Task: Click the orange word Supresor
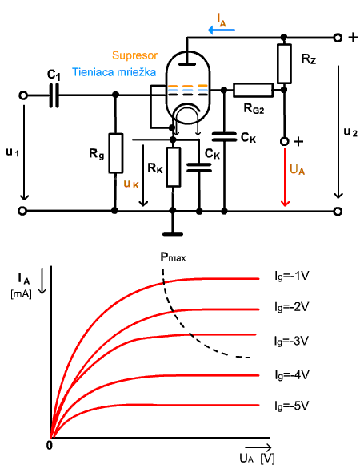click(134, 55)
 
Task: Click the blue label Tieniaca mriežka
click(114, 72)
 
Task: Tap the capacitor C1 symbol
click(54, 95)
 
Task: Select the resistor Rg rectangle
click(115, 153)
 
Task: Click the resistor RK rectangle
click(174, 167)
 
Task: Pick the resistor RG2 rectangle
click(253, 90)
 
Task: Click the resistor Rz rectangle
click(284, 63)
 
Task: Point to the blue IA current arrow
click(222, 30)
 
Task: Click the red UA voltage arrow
click(285, 178)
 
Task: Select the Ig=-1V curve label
click(292, 277)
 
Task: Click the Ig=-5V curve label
click(292, 406)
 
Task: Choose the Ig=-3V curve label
click(292, 341)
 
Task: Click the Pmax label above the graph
click(173, 257)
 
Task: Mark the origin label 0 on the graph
click(50, 445)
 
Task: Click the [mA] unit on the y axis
click(21, 294)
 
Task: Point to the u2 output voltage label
click(350, 131)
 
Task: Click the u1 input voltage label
click(12, 152)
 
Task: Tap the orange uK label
click(131, 184)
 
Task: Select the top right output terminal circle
click(338, 38)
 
